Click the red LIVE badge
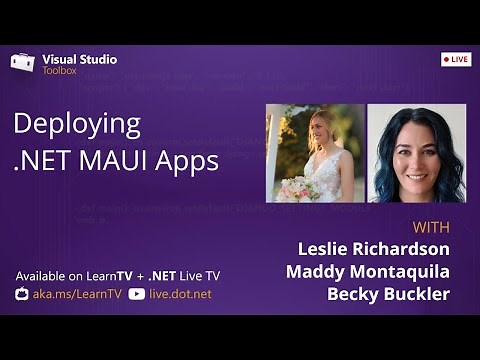[455, 59]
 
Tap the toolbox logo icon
[22, 62]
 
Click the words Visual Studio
[79, 59]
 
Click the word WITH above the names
[429, 226]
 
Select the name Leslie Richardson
[373, 248]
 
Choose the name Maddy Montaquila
[367, 271]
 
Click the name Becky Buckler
[388, 294]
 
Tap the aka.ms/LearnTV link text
[79, 294]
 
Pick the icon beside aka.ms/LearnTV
[22, 294]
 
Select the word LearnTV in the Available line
[103, 275]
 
